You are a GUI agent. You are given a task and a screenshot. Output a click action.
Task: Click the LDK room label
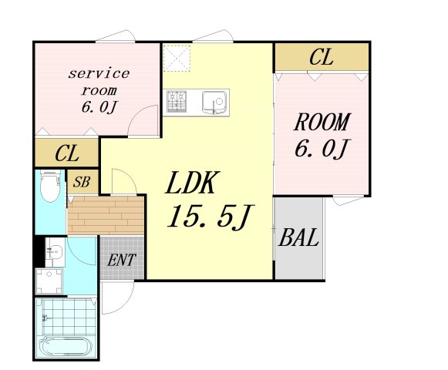tap(190, 183)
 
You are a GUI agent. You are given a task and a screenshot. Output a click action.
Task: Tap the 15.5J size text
tap(210, 217)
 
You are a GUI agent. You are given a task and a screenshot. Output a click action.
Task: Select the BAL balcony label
tap(298, 237)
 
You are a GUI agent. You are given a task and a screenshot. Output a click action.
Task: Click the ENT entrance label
tap(121, 260)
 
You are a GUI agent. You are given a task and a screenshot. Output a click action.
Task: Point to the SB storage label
tap(82, 182)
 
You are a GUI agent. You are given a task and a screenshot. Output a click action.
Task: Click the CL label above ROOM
tap(322, 57)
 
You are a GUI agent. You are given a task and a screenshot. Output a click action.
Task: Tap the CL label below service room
tap(67, 153)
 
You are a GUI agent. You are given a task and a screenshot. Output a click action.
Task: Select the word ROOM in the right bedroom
tap(322, 122)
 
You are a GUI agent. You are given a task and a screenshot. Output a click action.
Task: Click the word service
tap(99, 74)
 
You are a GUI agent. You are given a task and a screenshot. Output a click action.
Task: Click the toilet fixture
tap(50, 186)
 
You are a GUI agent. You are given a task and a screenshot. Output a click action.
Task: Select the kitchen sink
tap(214, 103)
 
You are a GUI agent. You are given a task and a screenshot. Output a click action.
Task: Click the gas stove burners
tap(177, 101)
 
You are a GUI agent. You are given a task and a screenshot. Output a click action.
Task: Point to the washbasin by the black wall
tap(55, 252)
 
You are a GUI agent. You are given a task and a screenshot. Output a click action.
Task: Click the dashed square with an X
tap(177, 59)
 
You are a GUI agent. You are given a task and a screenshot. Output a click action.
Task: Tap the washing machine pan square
tap(49, 281)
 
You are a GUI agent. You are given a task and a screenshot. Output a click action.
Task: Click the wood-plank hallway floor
tap(106, 215)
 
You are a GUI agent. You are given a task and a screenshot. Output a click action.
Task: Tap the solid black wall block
tap(39, 251)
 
